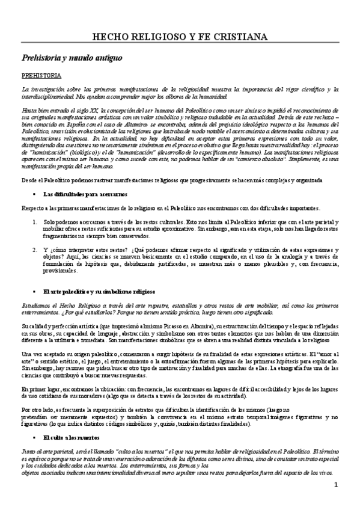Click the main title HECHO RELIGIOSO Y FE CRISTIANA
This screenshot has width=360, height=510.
(x=180, y=37)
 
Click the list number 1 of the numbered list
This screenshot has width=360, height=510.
(x=29, y=222)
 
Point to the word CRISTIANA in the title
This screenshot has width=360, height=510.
(x=239, y=37)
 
